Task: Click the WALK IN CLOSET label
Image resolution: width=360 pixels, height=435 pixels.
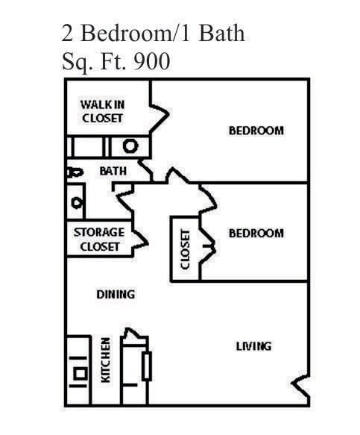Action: [x=102, y=111]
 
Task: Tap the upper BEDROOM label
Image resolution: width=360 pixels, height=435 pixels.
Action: [x=256, y=131]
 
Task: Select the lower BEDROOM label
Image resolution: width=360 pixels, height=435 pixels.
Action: [x=256, y=233]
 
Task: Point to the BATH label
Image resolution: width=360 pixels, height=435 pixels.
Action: [x=113, y=171]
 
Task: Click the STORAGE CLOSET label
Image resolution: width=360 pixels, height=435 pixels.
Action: [x=99, y=240]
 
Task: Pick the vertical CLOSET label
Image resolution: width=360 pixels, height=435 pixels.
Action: [x=186, y=248]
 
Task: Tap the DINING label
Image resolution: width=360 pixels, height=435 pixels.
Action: [x=116, y=294]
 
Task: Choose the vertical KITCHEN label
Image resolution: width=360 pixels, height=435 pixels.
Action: [x=106, y=360]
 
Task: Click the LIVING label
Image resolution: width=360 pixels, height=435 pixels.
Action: [x=253, y=345]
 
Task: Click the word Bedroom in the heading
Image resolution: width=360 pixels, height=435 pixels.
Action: [x=122, y=34]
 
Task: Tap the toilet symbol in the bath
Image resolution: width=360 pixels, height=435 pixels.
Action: [x=73, y=172]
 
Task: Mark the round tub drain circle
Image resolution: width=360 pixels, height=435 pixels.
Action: [x=130, y=146]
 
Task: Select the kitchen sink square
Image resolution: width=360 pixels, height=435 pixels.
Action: [x=79, y=372]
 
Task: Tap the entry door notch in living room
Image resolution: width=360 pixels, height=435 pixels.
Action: [x=300, y=387]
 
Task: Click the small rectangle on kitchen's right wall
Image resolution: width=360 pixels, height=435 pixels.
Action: [x=147, y=366]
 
